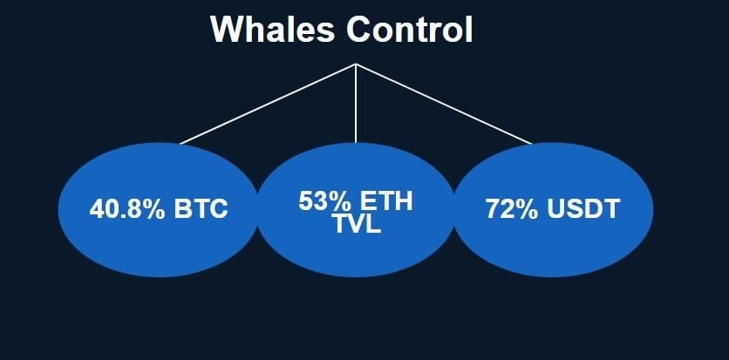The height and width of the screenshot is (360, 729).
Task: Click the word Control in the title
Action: [x=410, y=31]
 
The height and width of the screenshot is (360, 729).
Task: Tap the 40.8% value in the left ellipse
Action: [x=127, y=210]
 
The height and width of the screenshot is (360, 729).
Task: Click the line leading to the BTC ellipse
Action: [x=266, y=104]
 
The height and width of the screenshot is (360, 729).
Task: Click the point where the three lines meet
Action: [x=356, y=65]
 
